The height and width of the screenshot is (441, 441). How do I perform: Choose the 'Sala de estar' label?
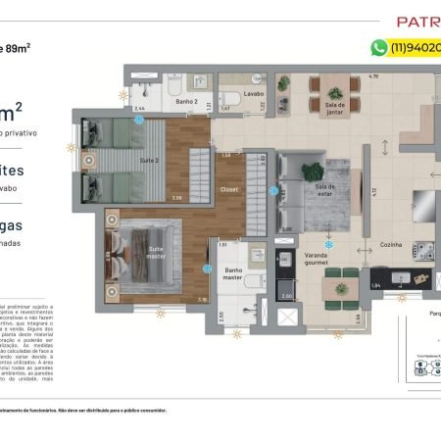[x=324, y=189]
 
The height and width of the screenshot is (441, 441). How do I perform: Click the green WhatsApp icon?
[x=378, y=47]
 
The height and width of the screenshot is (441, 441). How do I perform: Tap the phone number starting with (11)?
[x=416, y=47]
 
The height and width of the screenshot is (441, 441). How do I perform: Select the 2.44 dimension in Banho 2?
[x=139, y=109]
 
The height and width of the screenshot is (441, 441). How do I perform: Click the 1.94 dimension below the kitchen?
[x=377, y=284]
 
